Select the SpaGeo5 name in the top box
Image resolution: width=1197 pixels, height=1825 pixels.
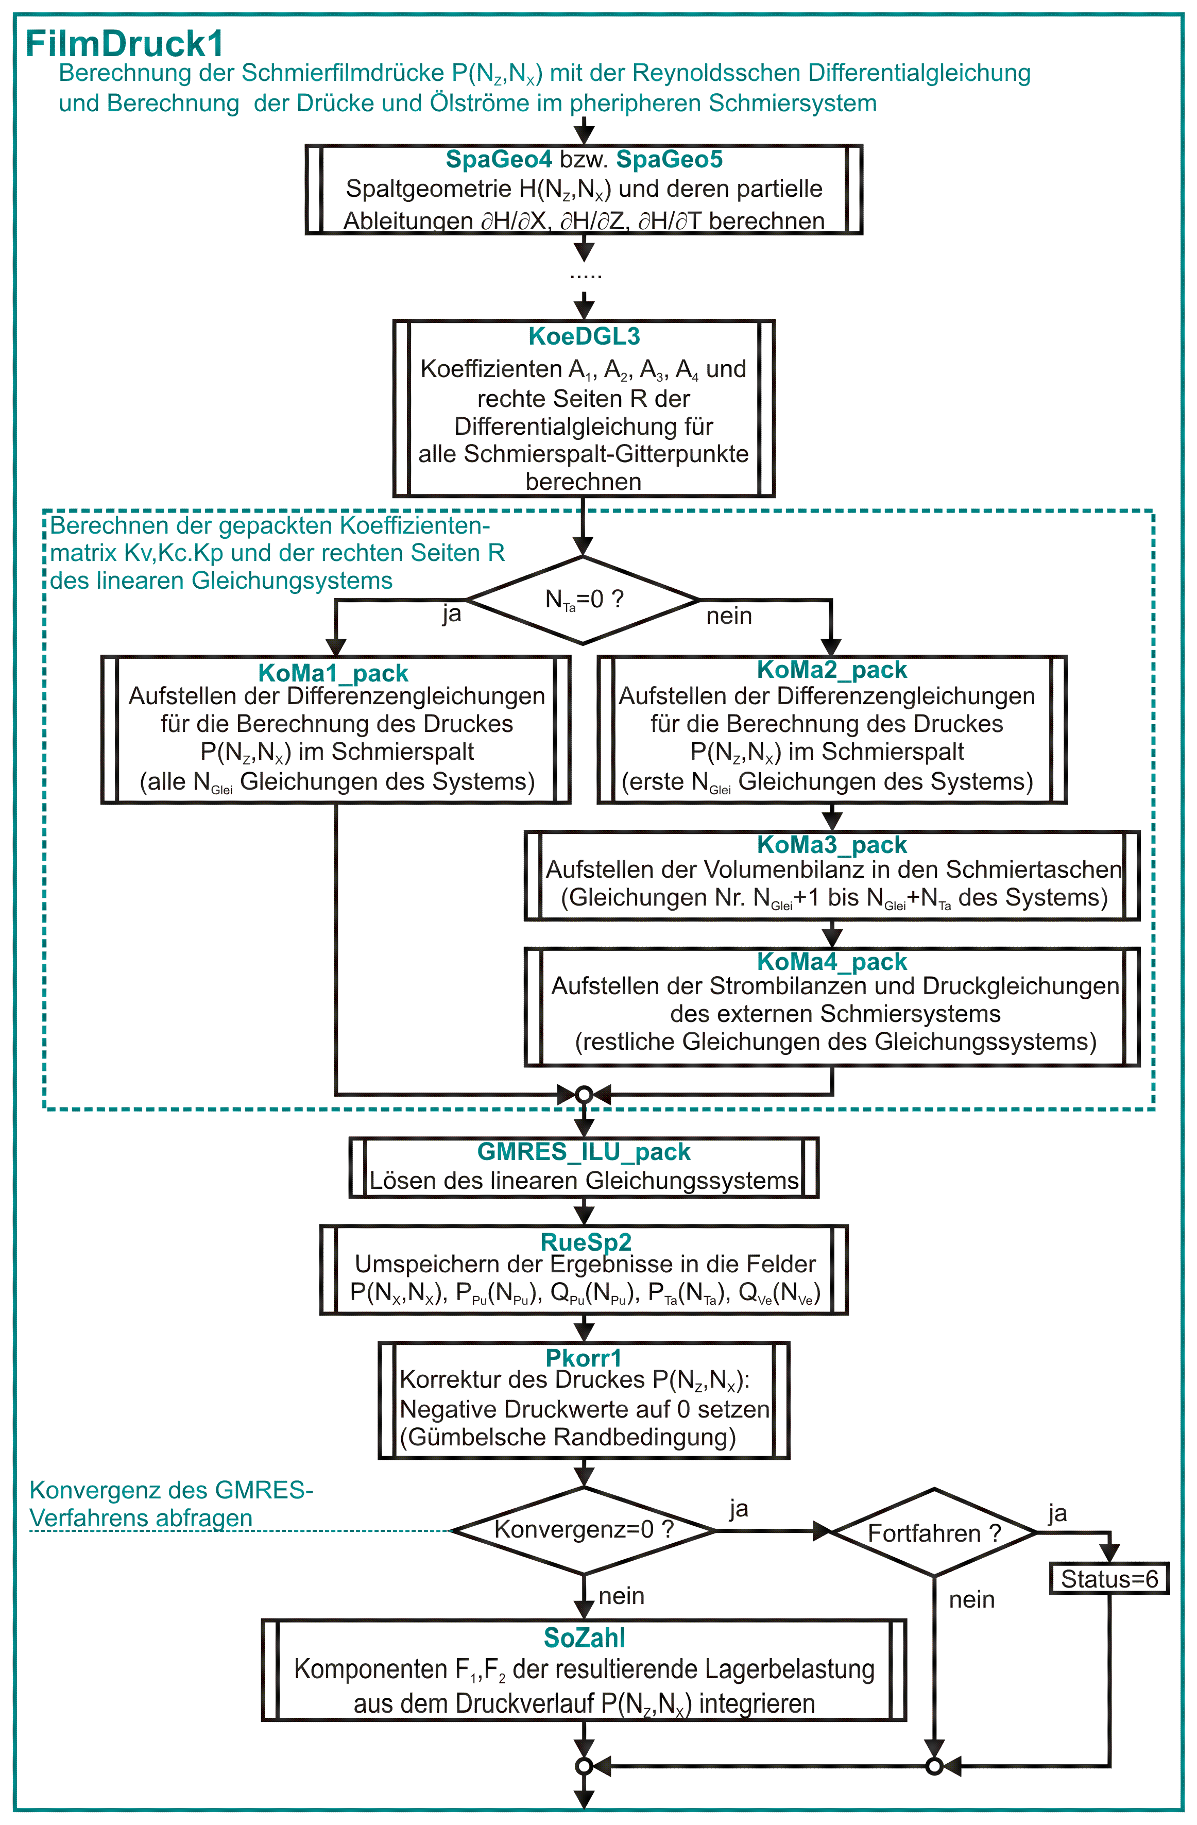pos(670,160)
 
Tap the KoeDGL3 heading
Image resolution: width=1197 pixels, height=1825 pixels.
pos(584,336)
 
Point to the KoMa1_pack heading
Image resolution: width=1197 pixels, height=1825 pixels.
pos(334,673)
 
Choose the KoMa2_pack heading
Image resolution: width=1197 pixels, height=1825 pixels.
pos(832,670)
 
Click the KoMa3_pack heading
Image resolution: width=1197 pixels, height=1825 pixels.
pos(832,845)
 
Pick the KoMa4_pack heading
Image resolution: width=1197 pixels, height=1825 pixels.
pos(832,962)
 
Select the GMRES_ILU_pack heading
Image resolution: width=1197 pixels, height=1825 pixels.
pos(584,1152)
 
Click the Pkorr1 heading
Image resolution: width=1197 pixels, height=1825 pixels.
pos(584,1357)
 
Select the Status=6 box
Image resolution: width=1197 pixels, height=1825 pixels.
pos(1109,1579)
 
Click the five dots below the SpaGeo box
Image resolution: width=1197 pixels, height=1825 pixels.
pos(585,276)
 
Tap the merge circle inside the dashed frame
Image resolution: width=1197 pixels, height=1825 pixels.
pos(584,1094)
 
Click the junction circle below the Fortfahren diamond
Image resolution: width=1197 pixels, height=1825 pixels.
pos(934,1767)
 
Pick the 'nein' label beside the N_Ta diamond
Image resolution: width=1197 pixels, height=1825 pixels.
pos(729,616)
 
